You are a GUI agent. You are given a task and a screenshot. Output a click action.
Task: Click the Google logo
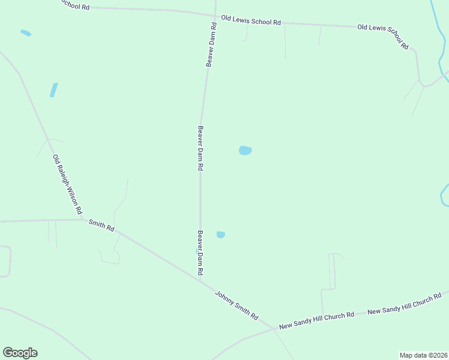point(20,353)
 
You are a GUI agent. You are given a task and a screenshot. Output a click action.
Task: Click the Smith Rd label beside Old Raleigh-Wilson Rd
point(101,226)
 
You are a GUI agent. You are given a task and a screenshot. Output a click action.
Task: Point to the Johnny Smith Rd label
point(237,305)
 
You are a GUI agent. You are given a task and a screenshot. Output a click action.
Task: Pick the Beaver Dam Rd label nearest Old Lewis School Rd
point(211,45)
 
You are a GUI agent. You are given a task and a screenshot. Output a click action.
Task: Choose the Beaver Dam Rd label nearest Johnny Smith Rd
point(200,253)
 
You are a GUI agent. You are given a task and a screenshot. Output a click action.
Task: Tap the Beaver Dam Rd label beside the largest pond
point(200,148)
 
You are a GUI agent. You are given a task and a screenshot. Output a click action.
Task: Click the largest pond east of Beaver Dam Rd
point(245,151)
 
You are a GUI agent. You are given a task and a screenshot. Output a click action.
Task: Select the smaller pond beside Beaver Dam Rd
point(220,235)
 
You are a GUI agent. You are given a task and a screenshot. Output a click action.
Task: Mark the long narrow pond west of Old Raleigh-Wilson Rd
point(53,90)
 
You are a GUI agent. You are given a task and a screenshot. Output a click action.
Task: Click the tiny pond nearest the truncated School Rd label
point(26,33)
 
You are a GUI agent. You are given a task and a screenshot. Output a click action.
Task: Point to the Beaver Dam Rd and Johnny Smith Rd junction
point(200,280)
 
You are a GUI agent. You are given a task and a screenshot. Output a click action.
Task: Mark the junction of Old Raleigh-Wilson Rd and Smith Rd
point(83,219)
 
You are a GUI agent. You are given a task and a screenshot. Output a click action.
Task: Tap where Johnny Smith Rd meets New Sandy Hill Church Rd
point(274,329)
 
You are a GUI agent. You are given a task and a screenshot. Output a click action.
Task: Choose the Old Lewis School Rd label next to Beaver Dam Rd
point(251,20)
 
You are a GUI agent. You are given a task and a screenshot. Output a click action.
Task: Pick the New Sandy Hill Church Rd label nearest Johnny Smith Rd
point(316,320)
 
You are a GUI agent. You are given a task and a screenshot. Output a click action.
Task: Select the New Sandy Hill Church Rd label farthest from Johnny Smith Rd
point(404,304)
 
